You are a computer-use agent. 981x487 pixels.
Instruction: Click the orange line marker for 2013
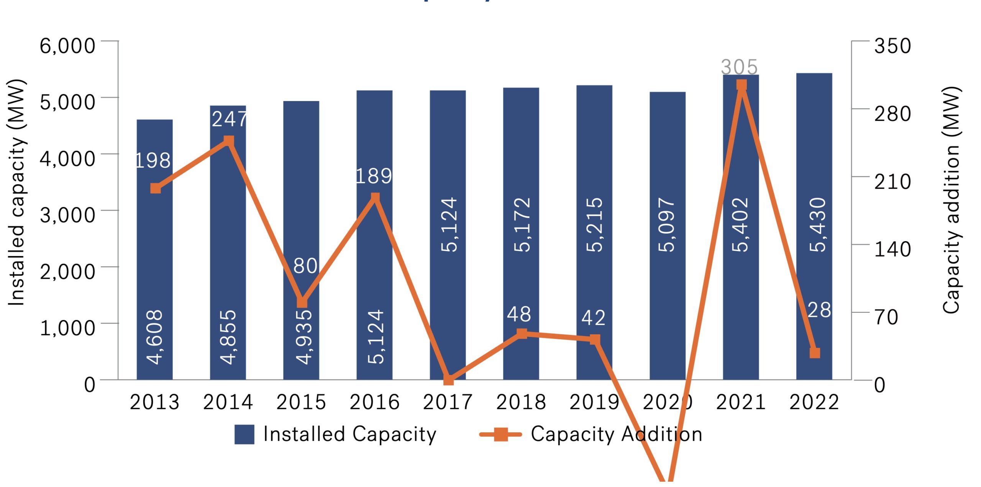156,188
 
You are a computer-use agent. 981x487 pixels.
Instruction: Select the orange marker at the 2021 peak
741,85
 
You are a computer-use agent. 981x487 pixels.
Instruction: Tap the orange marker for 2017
448,380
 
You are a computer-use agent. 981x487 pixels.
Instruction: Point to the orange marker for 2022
815,353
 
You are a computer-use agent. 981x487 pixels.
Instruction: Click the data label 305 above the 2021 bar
739,67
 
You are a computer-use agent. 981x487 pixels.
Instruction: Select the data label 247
230,119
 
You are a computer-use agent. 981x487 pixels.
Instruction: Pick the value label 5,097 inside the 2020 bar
667,225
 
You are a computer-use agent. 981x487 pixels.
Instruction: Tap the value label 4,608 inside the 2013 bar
155,337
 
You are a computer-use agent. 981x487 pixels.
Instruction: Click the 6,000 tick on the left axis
67,46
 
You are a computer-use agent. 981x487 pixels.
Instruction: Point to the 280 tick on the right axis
892,114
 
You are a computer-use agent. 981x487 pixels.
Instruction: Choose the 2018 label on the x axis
521,402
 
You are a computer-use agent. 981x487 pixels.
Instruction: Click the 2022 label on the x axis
814,402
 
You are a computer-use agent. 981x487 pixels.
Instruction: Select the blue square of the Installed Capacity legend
244,435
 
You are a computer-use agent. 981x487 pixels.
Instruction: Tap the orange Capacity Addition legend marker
500,435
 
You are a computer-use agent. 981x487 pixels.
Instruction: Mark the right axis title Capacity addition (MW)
951,200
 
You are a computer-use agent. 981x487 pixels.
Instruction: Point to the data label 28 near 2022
819,310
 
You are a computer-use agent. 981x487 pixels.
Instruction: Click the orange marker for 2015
302,302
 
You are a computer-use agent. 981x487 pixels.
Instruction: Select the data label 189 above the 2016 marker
374,176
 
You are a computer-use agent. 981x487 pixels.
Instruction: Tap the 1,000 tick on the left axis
67,328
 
